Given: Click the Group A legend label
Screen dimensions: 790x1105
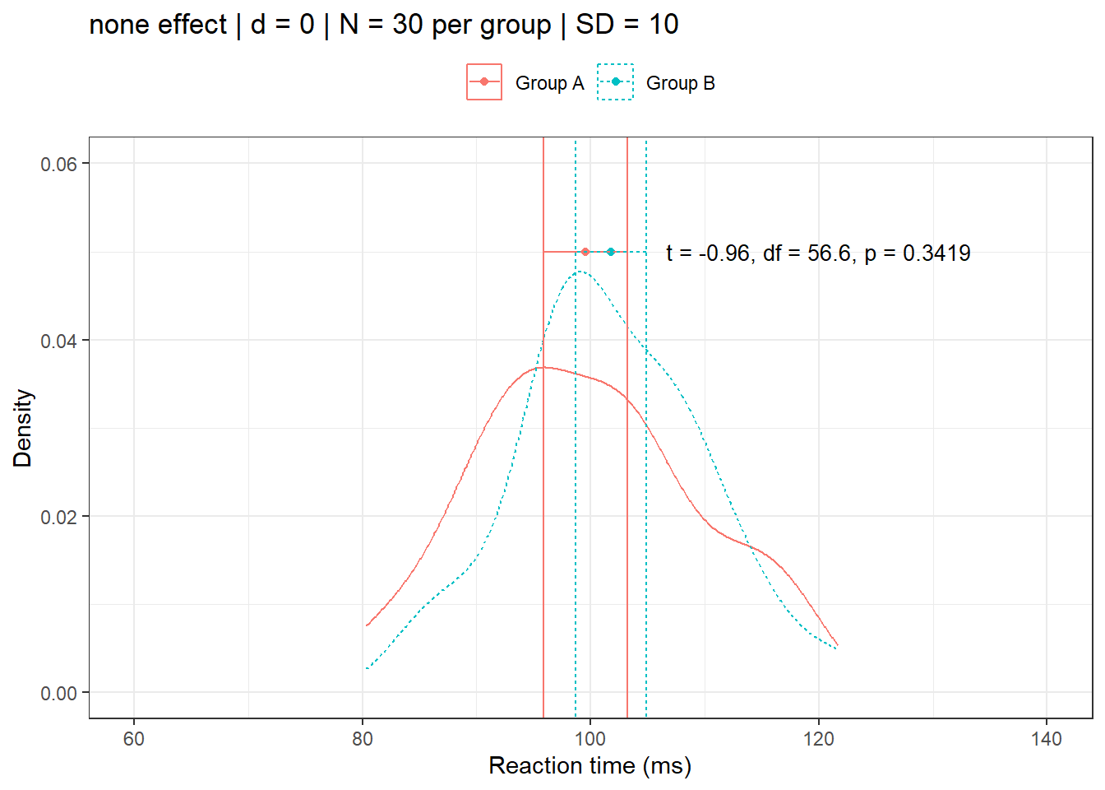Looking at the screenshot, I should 549,83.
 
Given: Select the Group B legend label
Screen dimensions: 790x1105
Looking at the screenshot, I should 680,83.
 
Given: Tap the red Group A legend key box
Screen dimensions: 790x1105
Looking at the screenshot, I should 484,82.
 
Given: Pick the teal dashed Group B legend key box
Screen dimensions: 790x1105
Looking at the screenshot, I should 615,82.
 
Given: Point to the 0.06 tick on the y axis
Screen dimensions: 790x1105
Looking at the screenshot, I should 58,164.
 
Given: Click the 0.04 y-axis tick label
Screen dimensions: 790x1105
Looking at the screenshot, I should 58,341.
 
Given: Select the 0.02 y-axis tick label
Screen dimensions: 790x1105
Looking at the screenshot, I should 58,517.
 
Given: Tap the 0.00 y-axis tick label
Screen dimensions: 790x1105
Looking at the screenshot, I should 58,694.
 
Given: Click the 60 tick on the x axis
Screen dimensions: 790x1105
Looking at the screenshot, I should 134,738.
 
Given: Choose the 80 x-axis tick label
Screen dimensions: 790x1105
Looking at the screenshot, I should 363,738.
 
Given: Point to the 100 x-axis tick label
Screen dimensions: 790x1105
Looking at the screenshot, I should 590,738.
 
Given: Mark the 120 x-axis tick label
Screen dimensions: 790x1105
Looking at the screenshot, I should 819,738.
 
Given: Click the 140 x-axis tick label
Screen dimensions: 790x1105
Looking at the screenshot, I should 1047,738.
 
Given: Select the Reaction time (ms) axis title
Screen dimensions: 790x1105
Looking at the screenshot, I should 589,765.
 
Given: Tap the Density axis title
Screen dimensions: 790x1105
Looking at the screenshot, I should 22,428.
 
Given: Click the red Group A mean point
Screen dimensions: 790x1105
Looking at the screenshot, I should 585,252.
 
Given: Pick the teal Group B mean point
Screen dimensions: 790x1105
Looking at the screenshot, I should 611,252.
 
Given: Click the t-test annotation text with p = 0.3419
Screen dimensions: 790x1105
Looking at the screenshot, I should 818,253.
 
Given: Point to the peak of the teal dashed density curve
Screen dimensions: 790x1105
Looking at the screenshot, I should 580,271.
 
